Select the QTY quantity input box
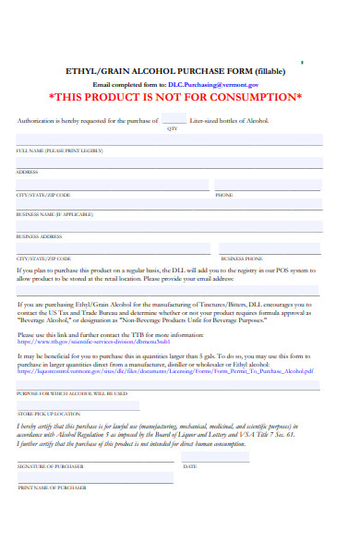point(173,119)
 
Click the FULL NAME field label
point(58,151)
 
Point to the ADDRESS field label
point(27,173)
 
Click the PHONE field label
point(224,195)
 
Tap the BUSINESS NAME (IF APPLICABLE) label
point(54,215)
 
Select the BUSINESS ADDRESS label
point(41,236)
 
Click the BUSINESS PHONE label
point(241,259)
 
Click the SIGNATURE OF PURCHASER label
point(51,467)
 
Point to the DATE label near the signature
point(190,467)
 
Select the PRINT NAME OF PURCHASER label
point(52,487)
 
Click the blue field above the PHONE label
point(267,185)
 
